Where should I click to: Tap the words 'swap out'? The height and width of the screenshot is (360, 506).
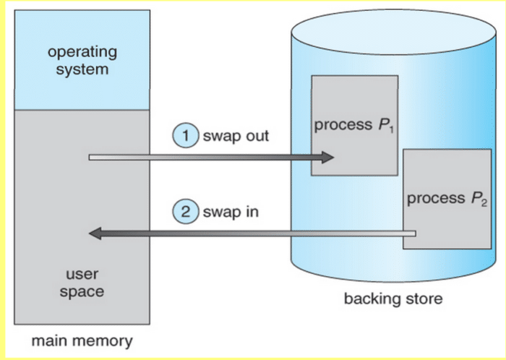[235, 135]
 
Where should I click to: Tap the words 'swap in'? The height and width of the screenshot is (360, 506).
[231, 213]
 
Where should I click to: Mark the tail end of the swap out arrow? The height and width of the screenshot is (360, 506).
[91, 157]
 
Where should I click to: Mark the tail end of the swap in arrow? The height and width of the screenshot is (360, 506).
[415, 233]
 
